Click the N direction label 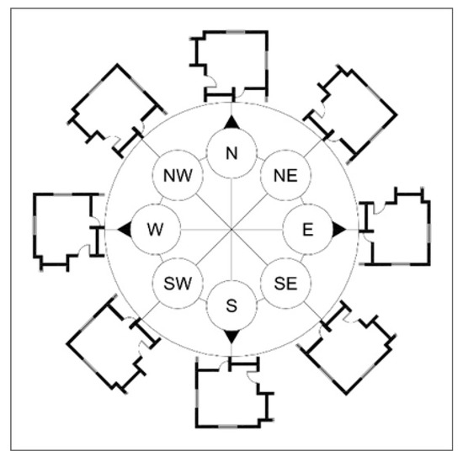pyautogui.click(x=231, y=153)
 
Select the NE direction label pyautogui.click(x=285, y=176)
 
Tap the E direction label pyautogui.click(x=307, y=230)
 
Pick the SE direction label pyautogui.click(x=285, y=284)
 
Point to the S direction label pyautogui.click(x=231, y=305)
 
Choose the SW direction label pyautogui.click(x=178, y=284)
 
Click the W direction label pyautogui.click(x=155, y=230)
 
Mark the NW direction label pyautogui.click(x=178, y=176)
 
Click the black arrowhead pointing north pyautogui.click(x=231, y=122)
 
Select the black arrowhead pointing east pyautogui.click(x=338, y=229)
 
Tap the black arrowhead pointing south pyautogui.click(x=231, y=337)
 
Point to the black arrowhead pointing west pyautogui.click(x=125, y=229)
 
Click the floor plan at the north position pyautogui.click(x=229, y=66)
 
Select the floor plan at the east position pyautogui.click(x=394, y=226)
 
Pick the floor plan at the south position pyautogui.click(x=235, y=392)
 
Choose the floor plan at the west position pyautogui.click(x=68, y=232)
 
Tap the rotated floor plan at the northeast pyautogui.click(x=350, y=114)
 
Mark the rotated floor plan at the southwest pyautogui.click(x=114, y=344)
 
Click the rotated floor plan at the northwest pyautogui.click(x=118, y=111)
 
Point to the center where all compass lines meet pyautogui.click(x=231, y=229)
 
